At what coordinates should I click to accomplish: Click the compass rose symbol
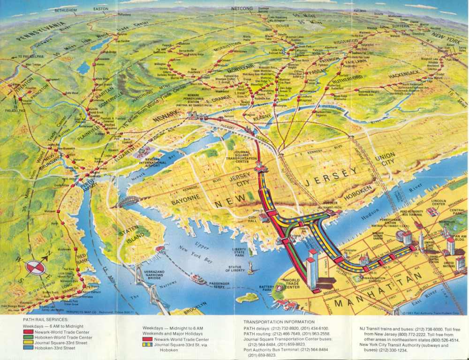36,267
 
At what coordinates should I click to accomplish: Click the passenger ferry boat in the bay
197,279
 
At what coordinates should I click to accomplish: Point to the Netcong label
242,8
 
